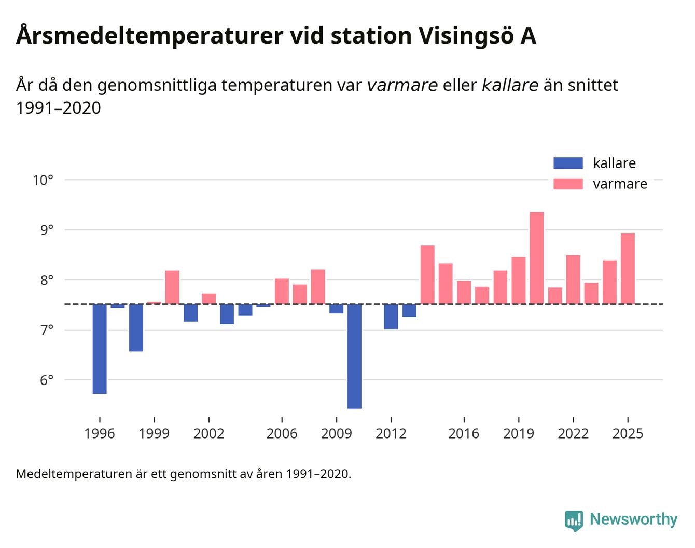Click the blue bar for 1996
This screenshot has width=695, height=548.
[100, 349]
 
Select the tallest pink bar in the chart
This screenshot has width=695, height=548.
[536, 258]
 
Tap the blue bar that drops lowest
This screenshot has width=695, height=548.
[354, 356]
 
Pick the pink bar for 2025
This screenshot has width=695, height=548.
[628, 268]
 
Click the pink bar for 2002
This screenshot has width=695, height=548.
[208, 299]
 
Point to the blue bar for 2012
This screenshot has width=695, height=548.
[391, 316]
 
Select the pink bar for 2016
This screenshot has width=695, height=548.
[464, 292]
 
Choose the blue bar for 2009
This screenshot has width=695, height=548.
[336, 309]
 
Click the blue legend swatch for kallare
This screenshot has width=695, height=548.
[568, 163]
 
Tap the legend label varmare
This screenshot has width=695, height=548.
[620, 184]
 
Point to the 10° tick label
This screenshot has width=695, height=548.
[43, 181]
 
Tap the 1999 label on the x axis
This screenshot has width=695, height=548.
[154, 433]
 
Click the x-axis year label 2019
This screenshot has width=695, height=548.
[518, 433]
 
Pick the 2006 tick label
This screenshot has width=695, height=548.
[282, 433]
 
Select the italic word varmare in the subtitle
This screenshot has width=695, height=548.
[402, 85]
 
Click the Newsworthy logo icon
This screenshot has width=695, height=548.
[574, 520]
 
